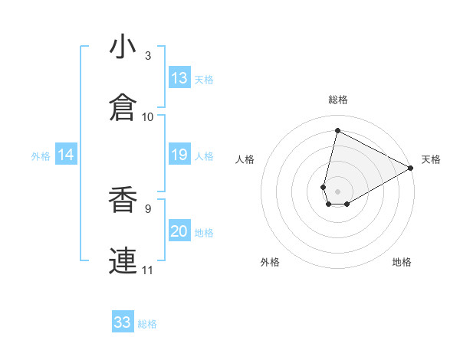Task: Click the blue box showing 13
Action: (179, 78)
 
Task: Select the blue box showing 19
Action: (179, 155)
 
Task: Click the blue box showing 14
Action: (66, 155)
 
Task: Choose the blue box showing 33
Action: (123, 322)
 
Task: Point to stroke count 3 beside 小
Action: (148, 56)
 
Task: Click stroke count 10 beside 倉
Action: (148, 116)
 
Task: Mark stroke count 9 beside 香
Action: (148, 208)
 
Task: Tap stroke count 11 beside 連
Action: (148, 270)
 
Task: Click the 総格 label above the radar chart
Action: (338, 100)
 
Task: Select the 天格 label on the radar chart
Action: (431, 159)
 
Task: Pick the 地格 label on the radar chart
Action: (402, 262)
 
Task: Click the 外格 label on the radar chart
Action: (270, 262)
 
